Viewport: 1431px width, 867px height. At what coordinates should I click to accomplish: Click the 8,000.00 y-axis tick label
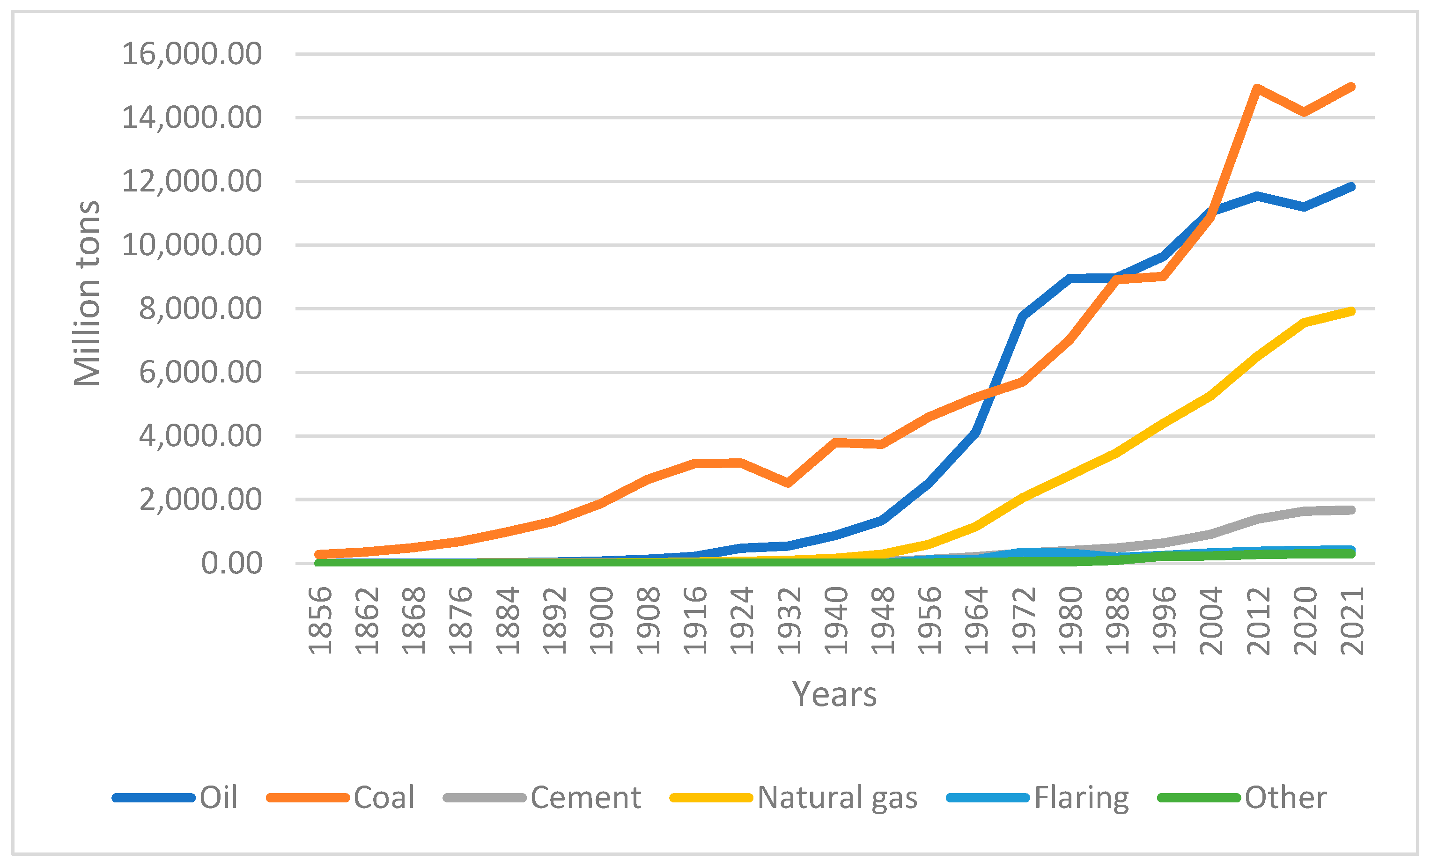[200, 309]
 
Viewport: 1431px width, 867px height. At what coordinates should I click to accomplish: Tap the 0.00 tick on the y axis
[231, 563]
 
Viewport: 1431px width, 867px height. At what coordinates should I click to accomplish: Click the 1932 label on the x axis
[790, 620]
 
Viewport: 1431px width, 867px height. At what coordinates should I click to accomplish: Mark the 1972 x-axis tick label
[1025, 620]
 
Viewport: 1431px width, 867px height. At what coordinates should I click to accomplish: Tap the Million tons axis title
[87, 293]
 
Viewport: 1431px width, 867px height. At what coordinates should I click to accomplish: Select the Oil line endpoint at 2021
[1351, 187]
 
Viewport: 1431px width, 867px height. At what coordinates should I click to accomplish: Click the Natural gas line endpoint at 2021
[1351, 312]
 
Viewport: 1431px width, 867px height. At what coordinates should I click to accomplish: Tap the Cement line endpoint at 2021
[1351, 510]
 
